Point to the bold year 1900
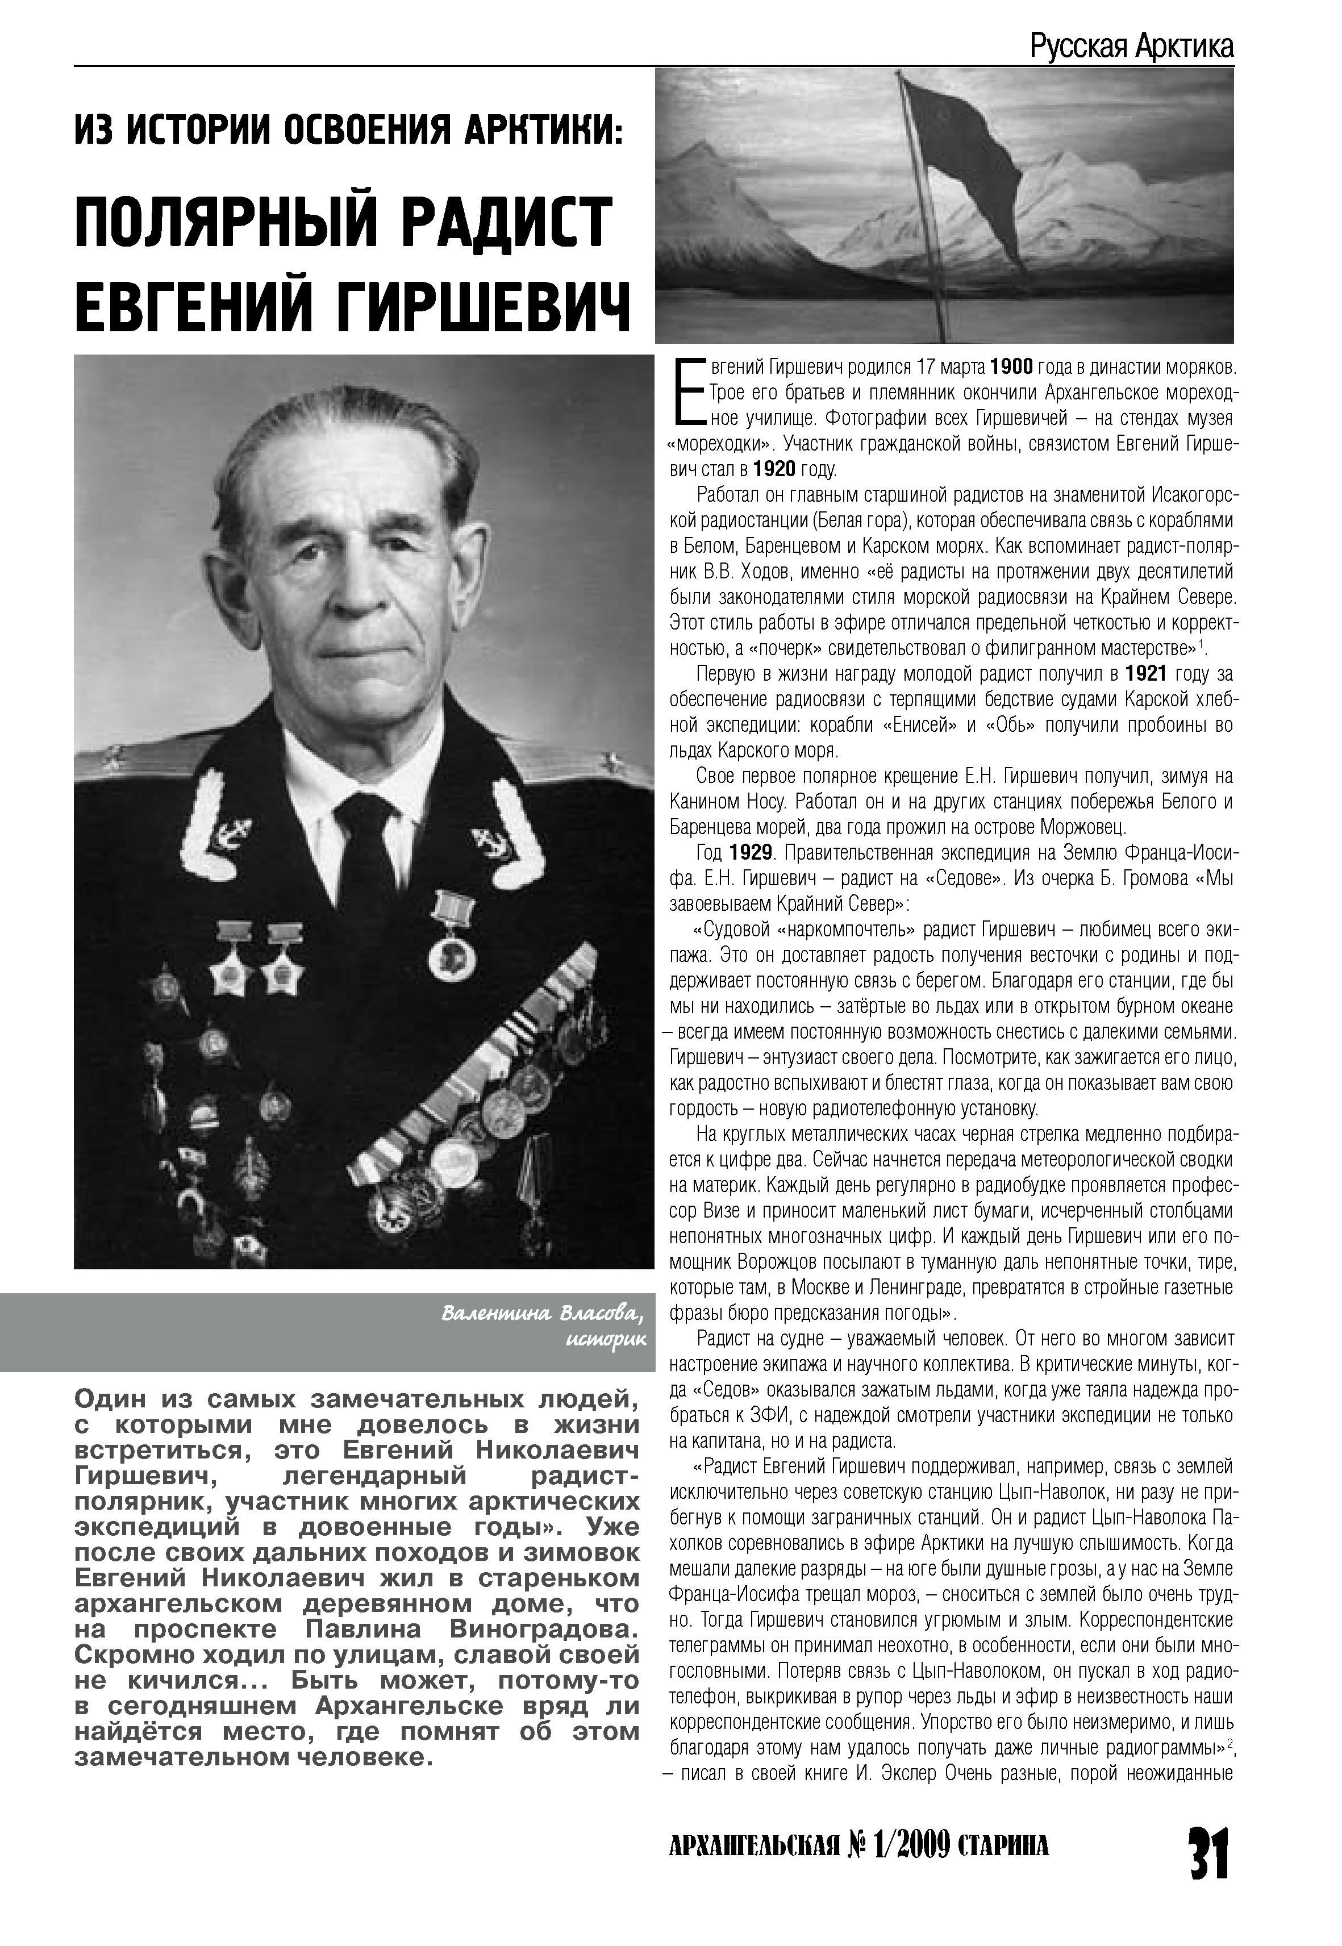(x=1011, y=368)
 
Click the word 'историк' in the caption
(x=606, y=1339)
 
